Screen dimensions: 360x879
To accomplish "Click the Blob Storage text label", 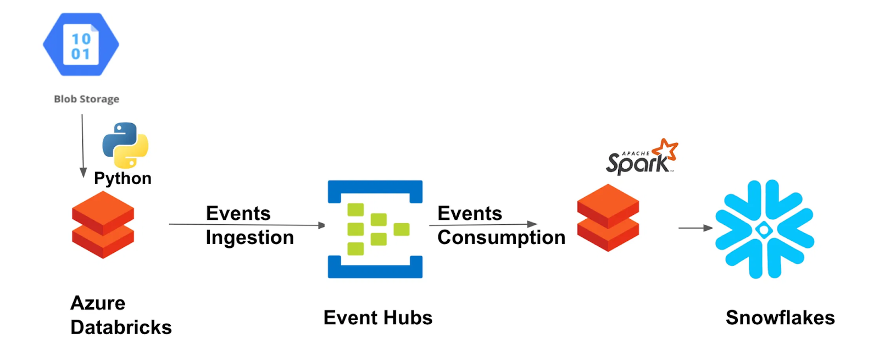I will [86, 99].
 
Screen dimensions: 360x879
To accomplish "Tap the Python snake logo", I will [125, 145].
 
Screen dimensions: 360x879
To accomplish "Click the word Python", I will [123, 178].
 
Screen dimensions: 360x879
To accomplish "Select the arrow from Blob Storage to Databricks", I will [83, 146].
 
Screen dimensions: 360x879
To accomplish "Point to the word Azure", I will [98, 303].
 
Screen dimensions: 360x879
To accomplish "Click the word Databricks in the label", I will [121, 327].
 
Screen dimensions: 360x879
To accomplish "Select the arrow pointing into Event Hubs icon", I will [247, 224].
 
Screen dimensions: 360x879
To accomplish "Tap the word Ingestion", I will [250, 237].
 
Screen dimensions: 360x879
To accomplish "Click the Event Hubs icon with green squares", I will [375, 229].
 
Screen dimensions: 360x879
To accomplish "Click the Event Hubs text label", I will [377, 318].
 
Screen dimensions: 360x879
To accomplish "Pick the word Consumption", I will [501, 237].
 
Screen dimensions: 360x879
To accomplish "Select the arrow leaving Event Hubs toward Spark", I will [483, 224].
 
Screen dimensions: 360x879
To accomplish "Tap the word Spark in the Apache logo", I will [637, 163].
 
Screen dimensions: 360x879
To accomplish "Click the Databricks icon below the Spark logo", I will [608, 218].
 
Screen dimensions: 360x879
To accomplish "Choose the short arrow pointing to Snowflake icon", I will [696, 228].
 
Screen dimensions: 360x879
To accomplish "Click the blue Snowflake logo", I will [764, 229].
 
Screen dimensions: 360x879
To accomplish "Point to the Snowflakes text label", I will [780, 318].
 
